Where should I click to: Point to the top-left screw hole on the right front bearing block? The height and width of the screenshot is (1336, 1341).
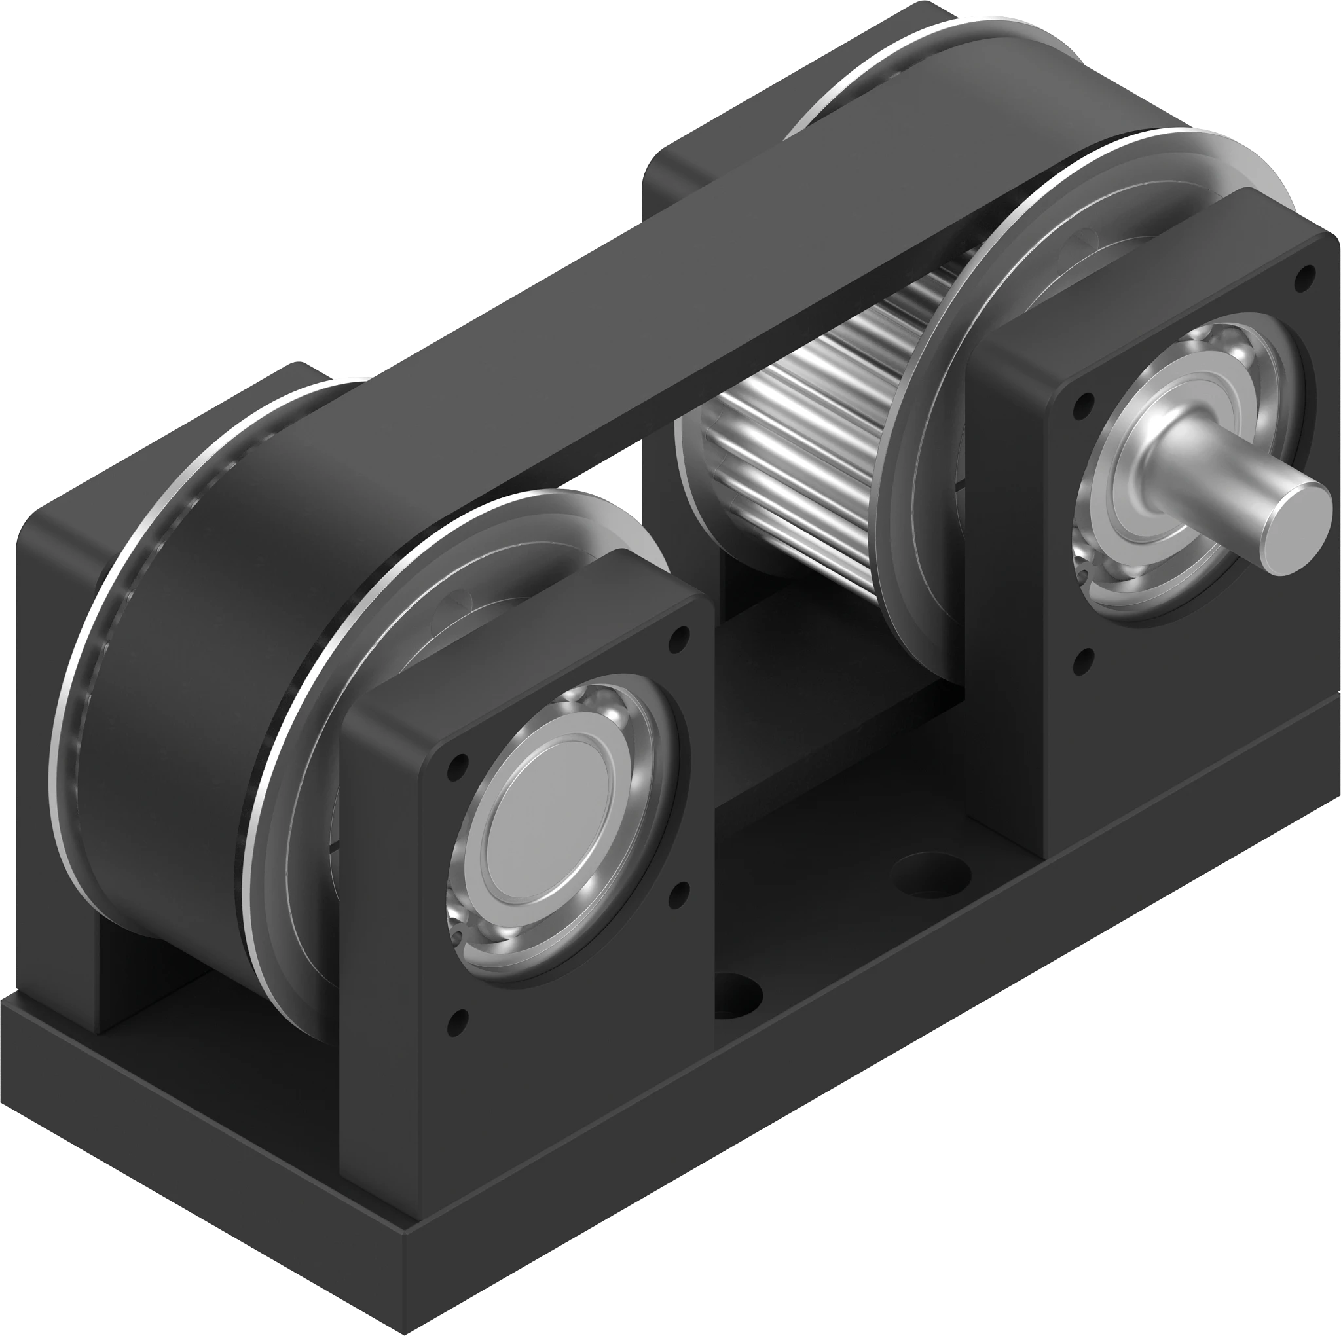[1080, 402]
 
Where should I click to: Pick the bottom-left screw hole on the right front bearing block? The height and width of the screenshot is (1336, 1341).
[1080, 657]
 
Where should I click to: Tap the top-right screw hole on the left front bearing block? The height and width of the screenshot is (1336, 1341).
[682, 633]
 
